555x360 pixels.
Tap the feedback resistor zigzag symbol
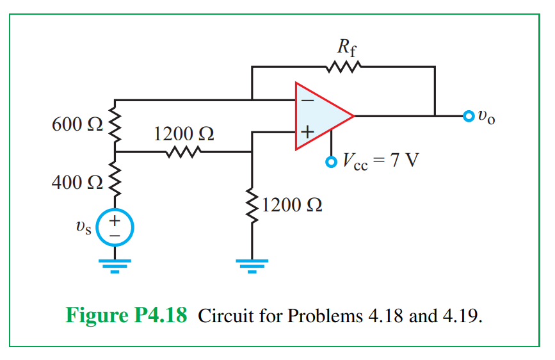pyautogui.click(x=345, y=66)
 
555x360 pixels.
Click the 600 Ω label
pyautogui.click(x=76, y=124)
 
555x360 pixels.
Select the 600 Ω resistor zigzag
pyautogui.click(x=115, y=126)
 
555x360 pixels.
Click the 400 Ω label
pyautogui.click(x=76, y=182)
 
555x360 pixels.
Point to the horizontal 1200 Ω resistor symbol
pyautogui.click(x=184, y=152)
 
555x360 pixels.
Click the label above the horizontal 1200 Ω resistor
pyautogui.click(x=184, y=134)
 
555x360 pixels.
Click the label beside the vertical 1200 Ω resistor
pyautogui.click(x=291, y=205)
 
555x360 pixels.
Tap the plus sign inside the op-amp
pyautogui.click(x=307, y=133)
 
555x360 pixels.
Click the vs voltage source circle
pyautogui.click(x=116, y=227)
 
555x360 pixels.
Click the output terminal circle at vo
pyautogui.click(x=469, y=116)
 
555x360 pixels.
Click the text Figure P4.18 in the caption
pyautogui.click(x=126, y=316)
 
